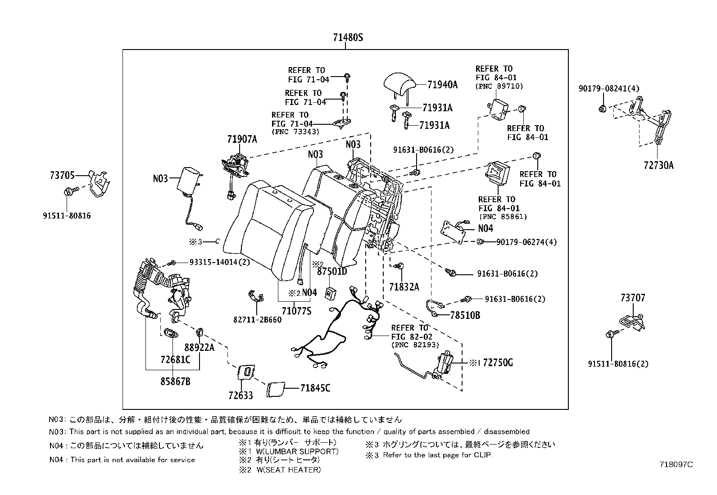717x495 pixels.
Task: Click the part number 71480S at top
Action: coord(348,38)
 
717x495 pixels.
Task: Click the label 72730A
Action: coord(658,165)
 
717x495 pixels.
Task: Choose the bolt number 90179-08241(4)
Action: coord(609,89)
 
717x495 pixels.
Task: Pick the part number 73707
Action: coord(632,298)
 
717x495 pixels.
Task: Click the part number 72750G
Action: coord(498,363)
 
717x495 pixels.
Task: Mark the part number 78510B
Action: coord(465,315)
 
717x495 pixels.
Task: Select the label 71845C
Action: coord(315,387)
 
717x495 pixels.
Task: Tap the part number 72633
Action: coord(241,395)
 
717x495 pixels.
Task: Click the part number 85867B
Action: coord(175,381)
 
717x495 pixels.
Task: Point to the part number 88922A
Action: coord(199,347)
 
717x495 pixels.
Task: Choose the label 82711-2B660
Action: coord(257,319)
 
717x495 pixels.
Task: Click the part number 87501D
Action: coord(332,271)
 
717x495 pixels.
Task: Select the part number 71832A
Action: coord(404,286)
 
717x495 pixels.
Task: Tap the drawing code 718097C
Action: coord(676,464)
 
